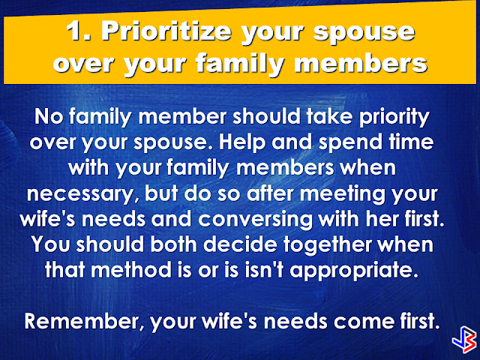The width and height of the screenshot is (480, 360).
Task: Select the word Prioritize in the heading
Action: (166, 31)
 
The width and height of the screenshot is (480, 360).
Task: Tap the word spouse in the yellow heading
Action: (364, 33)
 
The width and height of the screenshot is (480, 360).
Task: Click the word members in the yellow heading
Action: (361, 63)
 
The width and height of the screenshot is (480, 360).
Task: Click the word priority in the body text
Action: (394, 118)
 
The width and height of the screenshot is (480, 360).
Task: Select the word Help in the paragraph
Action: (241, 143)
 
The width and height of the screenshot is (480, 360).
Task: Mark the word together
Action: (327, 245)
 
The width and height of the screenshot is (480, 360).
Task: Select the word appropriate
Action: (353, 271)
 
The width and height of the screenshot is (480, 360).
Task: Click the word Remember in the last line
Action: (84, 322)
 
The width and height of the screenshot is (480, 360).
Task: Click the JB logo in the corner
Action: (464, 340)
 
